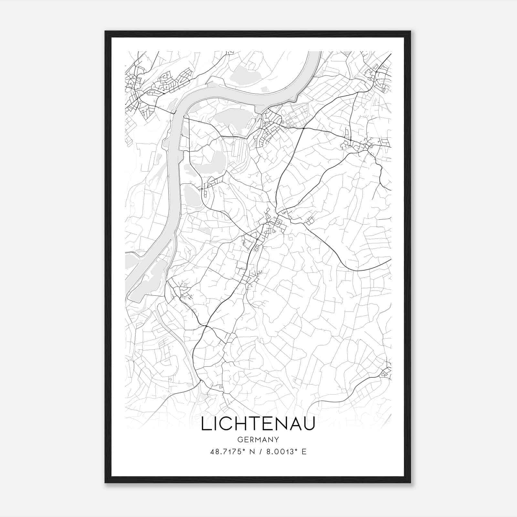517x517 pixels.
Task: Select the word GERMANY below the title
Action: pos(258,440)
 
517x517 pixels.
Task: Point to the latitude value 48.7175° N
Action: pos(230,452)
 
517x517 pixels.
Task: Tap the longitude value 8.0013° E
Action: pos(286,452)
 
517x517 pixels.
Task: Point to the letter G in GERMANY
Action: pos(239,440)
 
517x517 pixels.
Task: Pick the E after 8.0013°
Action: pos(304,452)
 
